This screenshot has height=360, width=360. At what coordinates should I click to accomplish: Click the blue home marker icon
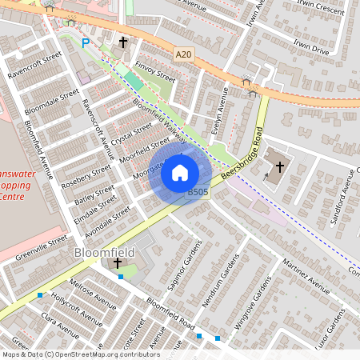(x=180, y=173)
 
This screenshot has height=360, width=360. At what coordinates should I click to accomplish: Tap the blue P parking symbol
(x=86, y=43)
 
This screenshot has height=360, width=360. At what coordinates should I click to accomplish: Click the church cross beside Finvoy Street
(x=123, y=42)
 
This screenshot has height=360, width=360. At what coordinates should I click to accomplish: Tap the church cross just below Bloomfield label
(x=118, y=263)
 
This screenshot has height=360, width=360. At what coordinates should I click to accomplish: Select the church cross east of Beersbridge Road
(x=280, y=167)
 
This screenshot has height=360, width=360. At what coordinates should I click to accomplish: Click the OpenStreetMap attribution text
(x=80, y=354)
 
